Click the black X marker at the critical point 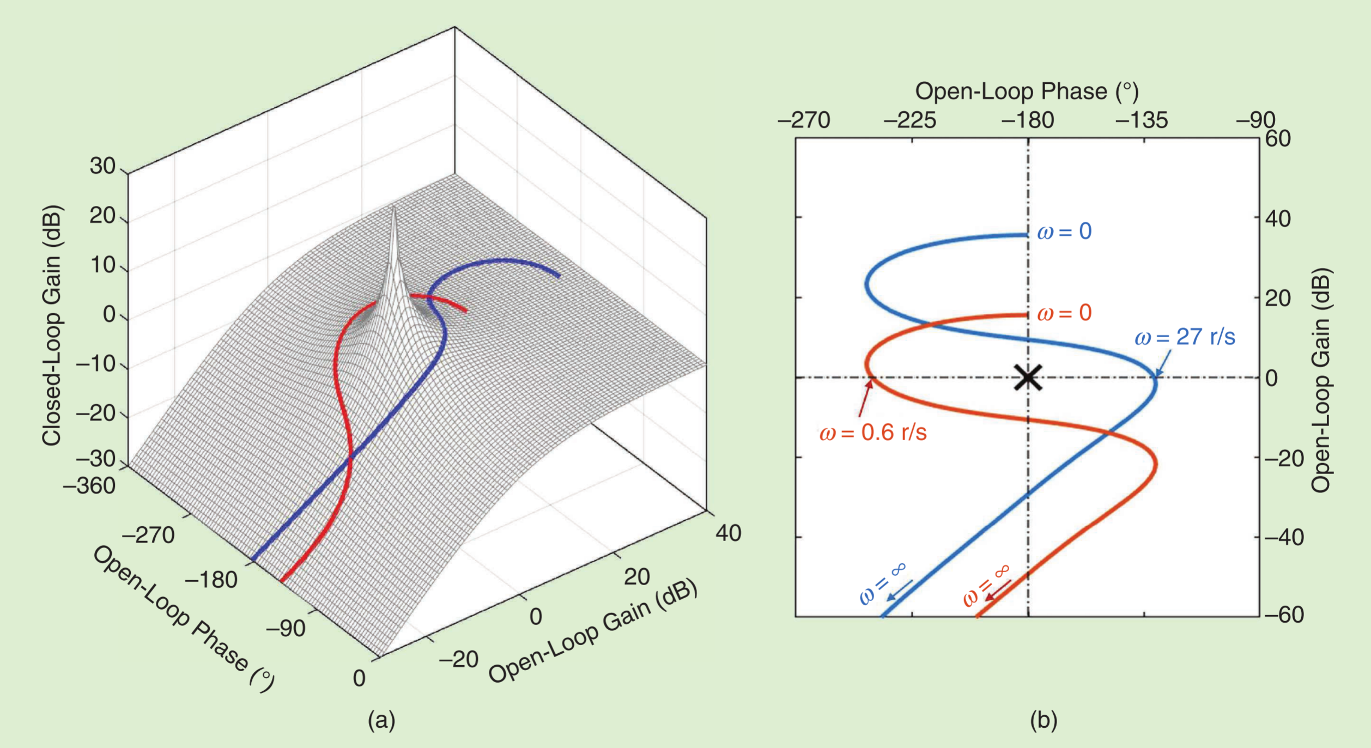[x=1028, y=378]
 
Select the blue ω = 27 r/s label [x=1185, y=337]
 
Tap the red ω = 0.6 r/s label [x=873, y=433]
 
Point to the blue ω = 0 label [x=1064, y=232]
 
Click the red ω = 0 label [x=1064, y=313]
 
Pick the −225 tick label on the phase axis [x=910, y=120]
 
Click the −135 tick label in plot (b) [x=1142, y=120]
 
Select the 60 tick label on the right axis [x=1278, y=138]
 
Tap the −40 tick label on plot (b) [x=1284, y=537]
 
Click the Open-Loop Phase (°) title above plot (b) [x=1027, y=91]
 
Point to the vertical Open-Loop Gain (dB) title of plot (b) [x=1321, y=380]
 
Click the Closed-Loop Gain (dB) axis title [x=52, y=325]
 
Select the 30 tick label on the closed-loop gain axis [x=102, y=166]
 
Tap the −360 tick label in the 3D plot [x=89, y=486]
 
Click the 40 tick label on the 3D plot [x=729, y=533]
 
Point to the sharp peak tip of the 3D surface [x=394, y=206]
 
